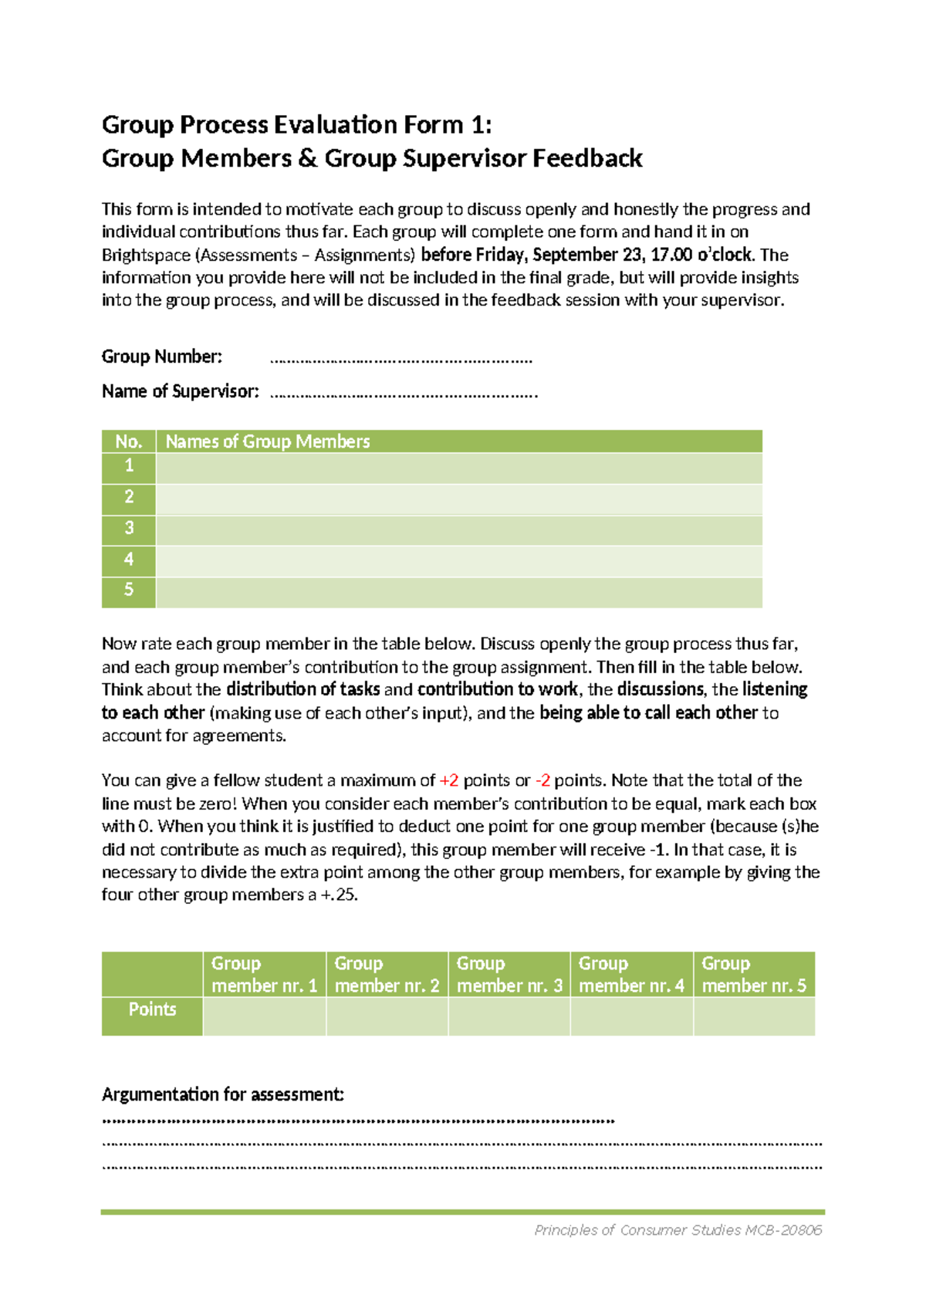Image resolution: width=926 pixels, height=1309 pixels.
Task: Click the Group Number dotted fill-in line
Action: pos(401,360)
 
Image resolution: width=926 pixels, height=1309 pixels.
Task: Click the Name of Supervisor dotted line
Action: pos(404,394)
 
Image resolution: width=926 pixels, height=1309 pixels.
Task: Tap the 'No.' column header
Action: pos(129,441)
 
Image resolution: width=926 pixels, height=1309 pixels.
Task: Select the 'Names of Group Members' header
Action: pos(268,441)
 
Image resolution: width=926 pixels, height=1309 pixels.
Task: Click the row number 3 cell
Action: pos(129,528)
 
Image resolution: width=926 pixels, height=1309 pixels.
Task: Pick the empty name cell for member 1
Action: pos(458,468)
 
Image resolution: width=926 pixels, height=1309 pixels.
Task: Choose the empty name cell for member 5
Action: pos(458,592)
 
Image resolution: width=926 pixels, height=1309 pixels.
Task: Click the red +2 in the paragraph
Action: pos(448,780)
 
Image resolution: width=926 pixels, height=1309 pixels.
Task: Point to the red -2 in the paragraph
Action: pos(542,780)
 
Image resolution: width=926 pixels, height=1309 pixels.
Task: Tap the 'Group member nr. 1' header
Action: pos(264,974)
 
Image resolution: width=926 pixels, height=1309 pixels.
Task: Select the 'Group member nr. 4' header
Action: pos(631,974)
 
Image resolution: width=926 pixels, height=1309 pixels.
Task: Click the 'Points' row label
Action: pos(152,1010)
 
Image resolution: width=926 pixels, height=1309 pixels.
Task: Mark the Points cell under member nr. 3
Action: pos(509,1016)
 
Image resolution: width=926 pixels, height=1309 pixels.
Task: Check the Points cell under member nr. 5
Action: pos(754,1016)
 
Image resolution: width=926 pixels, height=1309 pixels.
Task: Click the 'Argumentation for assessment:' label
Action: pos(223,1094)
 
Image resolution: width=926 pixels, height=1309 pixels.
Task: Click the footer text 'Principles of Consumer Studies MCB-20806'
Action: pos(678,1230)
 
